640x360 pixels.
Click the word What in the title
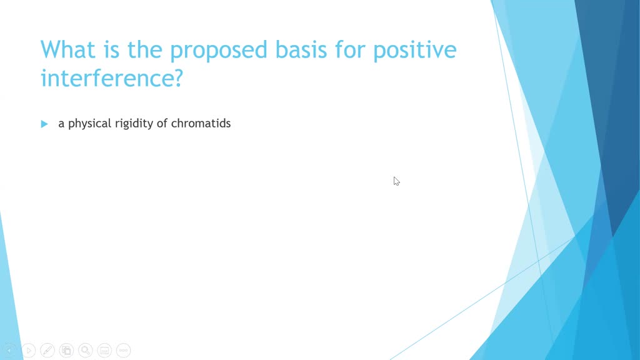click(67, 49)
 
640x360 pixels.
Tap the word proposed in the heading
click(219, 52)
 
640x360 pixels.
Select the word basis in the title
click(301, 49)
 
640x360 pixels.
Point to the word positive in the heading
click(415, 52)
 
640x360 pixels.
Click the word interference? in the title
click(112, 78)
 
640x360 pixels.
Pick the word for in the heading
click(350, 49)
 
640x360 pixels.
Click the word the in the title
click(145, 49)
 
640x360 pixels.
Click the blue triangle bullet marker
click(44, 124)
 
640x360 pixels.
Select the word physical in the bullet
click(89, 124)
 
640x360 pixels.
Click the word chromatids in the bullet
click(201, 123)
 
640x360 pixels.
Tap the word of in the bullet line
click(162, 123)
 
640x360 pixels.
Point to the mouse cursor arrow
click(396, 181)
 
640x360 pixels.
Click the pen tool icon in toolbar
click(47, 350)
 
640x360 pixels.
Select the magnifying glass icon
click(85, 350)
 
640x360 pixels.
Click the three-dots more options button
click(123, 350)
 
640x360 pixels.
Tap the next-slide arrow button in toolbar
click(29, 350)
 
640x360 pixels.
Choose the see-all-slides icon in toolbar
click(66, 350)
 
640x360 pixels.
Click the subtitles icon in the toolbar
click(104, 350)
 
